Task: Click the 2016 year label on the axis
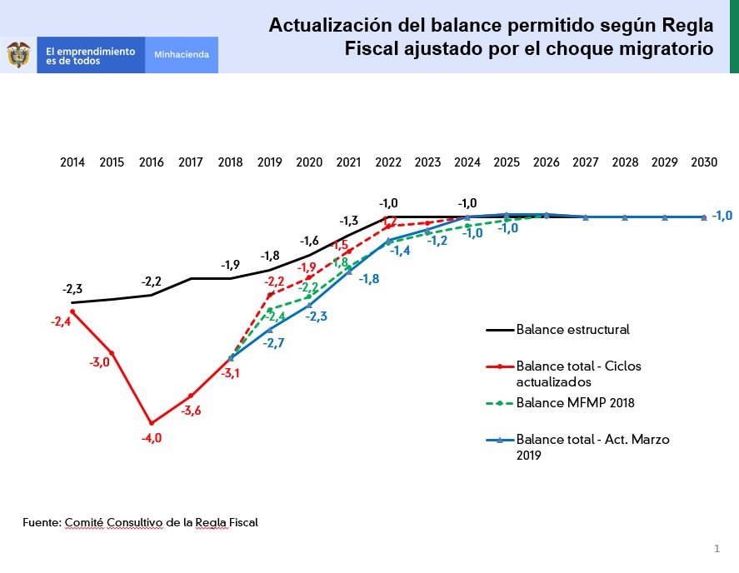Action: pyautogui.click(x=152, y=162)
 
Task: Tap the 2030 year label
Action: pyautogui.click(x=704, y=162)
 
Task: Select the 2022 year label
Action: pyautogui.click(x=388, y=162)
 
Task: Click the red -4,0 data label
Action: pyautogui.click(x=152, y=438)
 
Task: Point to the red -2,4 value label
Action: pyautogui.click(x=61, y=321)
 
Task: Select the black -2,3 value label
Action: pyautogui.click(x=72, y=289)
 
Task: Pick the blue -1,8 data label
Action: pyautogui.click(x=369, y=279)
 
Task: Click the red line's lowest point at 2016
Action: pyautogui.click(x=152, y=423)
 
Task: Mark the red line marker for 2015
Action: pyautogui.click(x=112, y=353)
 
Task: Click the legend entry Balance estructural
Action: pyautogui.click(x=572, y=329)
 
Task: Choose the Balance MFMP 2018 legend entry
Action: pyautogui.click(x=575, y=403)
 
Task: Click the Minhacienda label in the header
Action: pyautogui.click(x=182, y=55)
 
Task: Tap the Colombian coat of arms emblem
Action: pyautogui.click(x=18, y=55)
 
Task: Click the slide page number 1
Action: pyautogui.click(x=717, y=548)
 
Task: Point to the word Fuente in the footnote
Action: pyautogui.click(x=41, y=522)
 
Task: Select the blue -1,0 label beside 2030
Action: pyautogui.click(x=722, y=216)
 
